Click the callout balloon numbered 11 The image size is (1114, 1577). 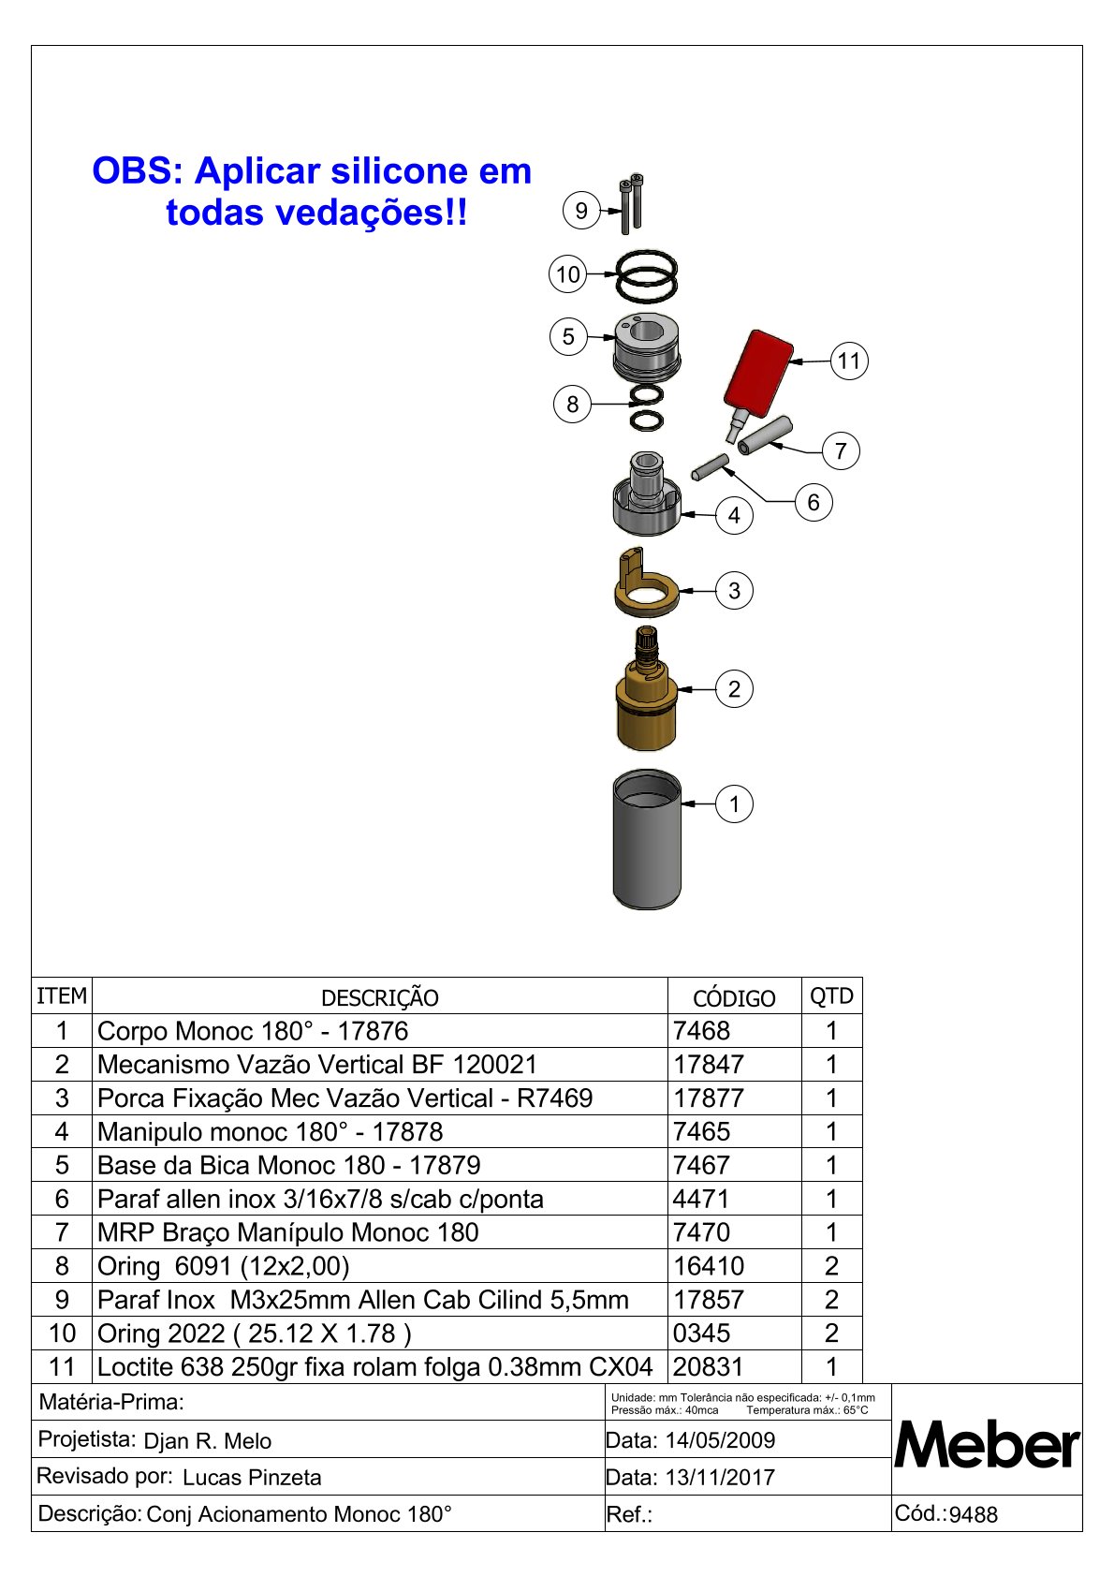(x=848, y=361)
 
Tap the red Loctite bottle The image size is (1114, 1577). (x=759, y=372)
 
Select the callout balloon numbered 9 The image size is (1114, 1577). (x=581, y=211)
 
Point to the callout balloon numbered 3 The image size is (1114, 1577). (x=734, y=591)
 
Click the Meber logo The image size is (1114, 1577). (x=987, y=1445)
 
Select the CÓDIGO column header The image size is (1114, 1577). (x=734, y=998)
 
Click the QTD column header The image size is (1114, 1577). (x=831, y=996)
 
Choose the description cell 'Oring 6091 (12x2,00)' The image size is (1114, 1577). (x=224, y=1266)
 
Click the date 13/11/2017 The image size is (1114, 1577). (x=720, y=1478)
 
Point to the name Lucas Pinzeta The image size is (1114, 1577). (x=252, y=1478)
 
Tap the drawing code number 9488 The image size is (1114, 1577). (x=974, y=1515)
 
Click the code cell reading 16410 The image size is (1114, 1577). (x=709, y=1266)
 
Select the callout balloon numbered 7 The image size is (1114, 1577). (x=841, y=450)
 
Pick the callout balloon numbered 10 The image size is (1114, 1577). (x=568, y=274)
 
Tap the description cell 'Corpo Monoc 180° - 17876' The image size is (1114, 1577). (x=253, y=1031)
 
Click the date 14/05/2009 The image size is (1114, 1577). (x=720, y=1440)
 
